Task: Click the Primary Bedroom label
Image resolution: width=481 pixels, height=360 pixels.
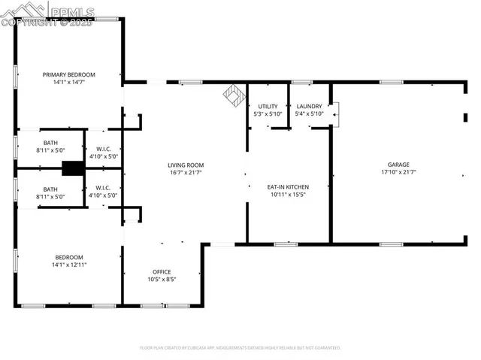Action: point(68,74)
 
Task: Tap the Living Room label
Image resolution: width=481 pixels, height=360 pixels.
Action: point(185,165)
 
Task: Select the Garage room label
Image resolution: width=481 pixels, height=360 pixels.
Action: point(398,164)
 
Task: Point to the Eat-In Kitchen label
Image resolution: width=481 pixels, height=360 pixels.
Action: point(288,186)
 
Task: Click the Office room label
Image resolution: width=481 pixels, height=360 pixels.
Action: point(162,271)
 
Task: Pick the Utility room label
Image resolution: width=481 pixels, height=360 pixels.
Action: point(268,106)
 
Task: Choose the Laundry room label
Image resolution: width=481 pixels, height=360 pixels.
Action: point(309,106)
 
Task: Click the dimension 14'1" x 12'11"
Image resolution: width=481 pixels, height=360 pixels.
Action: point(68,265)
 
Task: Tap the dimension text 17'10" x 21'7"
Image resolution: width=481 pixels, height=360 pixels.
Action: point(398,172)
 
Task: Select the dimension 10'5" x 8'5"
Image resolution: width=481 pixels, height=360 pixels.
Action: point(162,280)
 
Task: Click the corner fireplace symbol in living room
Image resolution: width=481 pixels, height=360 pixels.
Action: point(233,95)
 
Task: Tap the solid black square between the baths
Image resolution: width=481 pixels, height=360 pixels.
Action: point(73,168)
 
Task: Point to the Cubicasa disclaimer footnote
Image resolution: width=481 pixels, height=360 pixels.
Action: point(240,348)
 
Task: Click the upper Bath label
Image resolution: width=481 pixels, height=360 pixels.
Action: point(50,142)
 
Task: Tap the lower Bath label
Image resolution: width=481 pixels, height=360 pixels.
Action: point(50,189)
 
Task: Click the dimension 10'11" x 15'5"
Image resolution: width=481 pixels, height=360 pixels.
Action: point(288,195)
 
